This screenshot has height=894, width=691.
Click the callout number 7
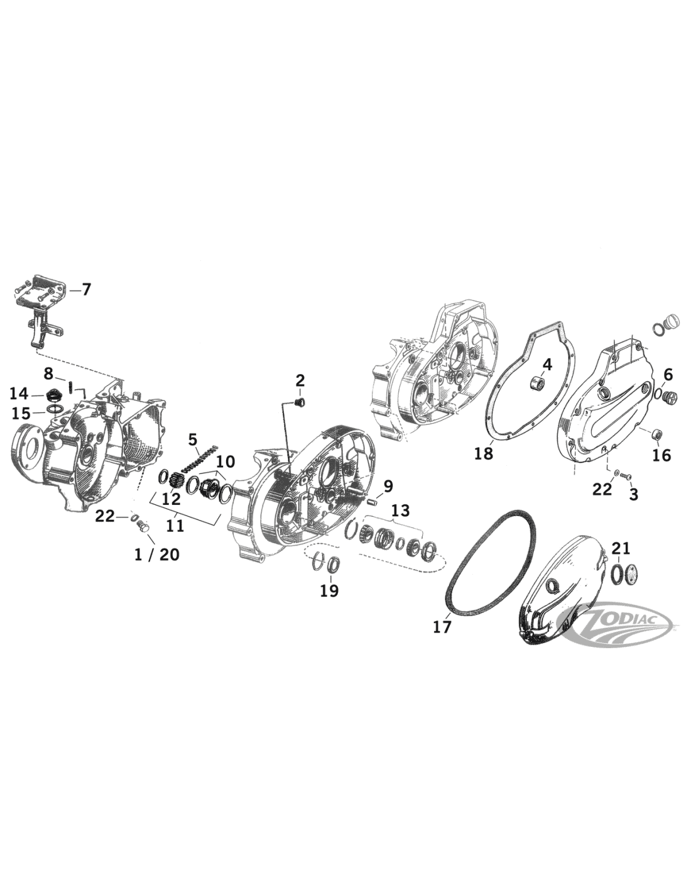tap(85, 290)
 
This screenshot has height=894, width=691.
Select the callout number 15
tap(21, 412)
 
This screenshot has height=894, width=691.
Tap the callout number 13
tap(401, 510)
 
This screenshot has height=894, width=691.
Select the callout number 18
tap(484, 454)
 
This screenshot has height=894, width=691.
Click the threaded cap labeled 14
tap(52, 396)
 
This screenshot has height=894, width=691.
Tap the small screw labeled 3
tap(626, 475)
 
